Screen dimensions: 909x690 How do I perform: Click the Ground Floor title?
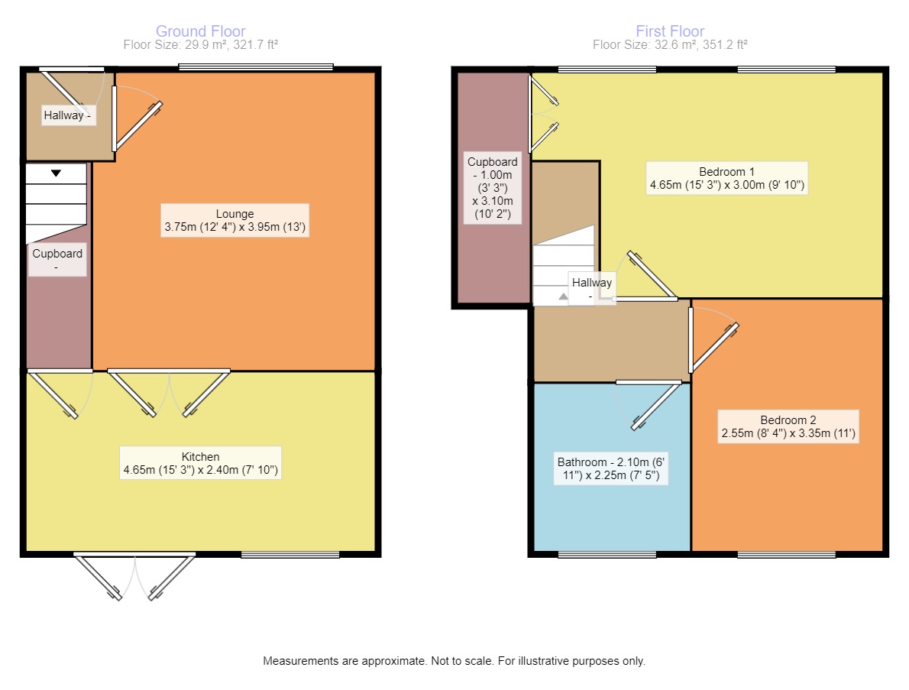coord(201,31)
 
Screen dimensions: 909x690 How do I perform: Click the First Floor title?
coord(670,31)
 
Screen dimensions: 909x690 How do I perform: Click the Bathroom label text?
coord(611,468)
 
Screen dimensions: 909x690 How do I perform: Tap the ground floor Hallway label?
coord(67,115)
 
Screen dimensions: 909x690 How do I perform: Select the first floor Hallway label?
coord(592,288)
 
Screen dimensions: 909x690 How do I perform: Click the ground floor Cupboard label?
coord(57,260)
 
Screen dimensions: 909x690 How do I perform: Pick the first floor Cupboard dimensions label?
coord(493,188)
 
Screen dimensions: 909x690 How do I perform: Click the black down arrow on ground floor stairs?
coord(56,173)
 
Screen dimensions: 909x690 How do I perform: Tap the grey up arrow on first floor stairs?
coord(563,296)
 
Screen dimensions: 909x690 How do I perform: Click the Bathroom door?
coord(656,407)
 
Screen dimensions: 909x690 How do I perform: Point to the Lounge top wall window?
coord(256,68)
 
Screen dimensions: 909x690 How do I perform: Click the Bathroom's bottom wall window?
coord(607,555)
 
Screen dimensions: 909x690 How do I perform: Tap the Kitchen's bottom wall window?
coord(290,555)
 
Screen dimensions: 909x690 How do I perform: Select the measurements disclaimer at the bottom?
coord(454,661)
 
